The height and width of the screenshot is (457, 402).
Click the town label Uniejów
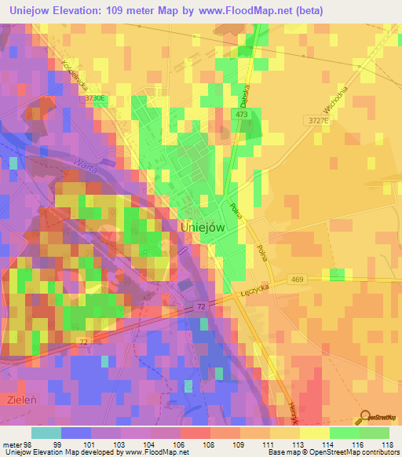pos(203,225)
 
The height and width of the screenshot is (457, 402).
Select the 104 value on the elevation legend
pos(149,445)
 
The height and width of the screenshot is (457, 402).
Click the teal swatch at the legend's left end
pos(46,433)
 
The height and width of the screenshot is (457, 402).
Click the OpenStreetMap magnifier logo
pos(364,416)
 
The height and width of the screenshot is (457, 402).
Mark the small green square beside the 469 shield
pos(337,274)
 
